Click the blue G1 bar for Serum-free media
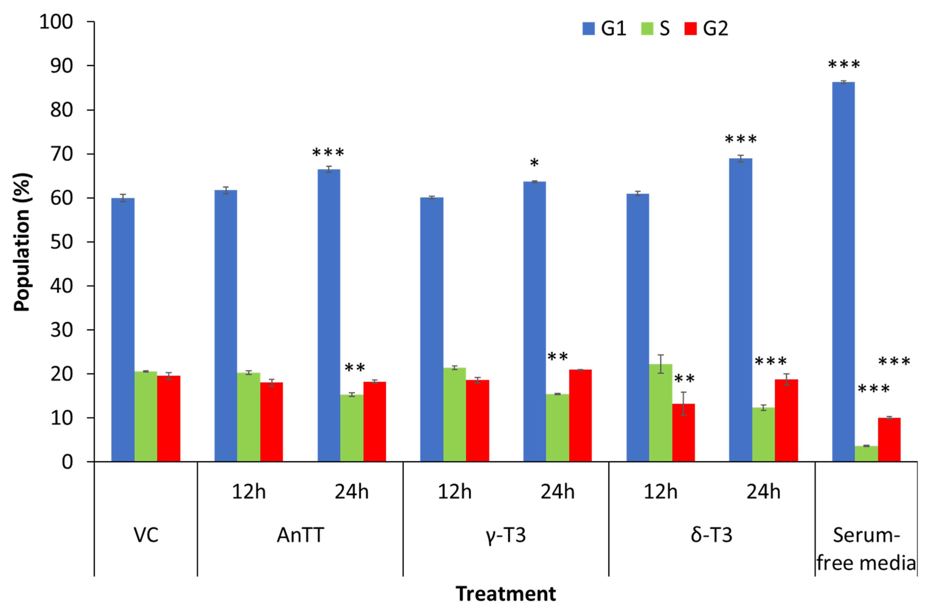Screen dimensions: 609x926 pyautogui.click(x=843, y=272)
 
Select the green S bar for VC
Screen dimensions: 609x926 pyautogui.click(x=146, y=416)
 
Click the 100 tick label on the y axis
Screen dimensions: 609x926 pyautogui.click(x=56, y=22)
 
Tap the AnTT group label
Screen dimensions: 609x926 pyautogui.click(x=300, y=535)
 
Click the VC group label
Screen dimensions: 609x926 pyautogui.click(x=146, y=535)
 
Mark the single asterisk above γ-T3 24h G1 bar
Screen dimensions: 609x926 pyautogui.click(x=534, y=163)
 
